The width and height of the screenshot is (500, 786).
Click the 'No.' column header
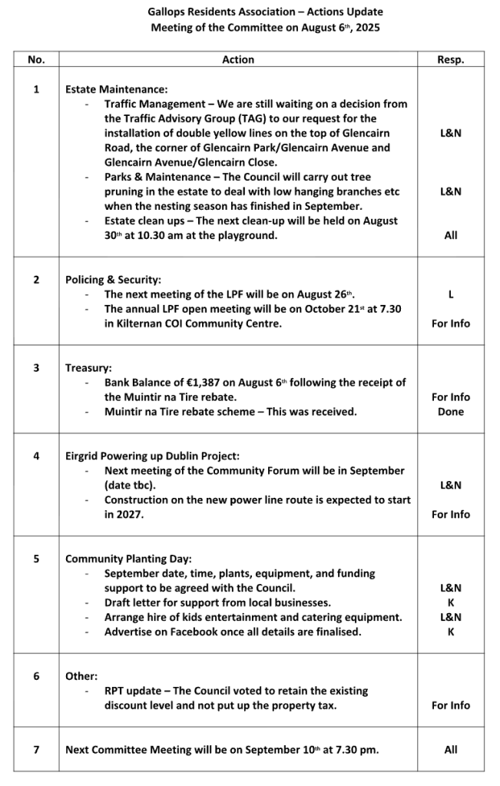click(x=35, y=59)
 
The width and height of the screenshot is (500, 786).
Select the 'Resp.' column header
click(x=450, y=59)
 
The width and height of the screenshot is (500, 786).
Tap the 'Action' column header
click(x=238, y=59)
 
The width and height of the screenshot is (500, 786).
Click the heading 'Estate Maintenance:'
click(x=116, y=89)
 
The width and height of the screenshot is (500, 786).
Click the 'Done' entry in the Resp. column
click(x=450, y=412)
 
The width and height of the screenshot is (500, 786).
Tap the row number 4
click(x=35, y=456)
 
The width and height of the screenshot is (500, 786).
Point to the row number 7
click(x=35, y=749)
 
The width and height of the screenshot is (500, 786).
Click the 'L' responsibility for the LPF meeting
click(x=450, y=294)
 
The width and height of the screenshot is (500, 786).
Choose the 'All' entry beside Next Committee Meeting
click(x=450, y=749)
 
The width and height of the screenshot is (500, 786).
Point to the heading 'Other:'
click(x=81, y=676)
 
